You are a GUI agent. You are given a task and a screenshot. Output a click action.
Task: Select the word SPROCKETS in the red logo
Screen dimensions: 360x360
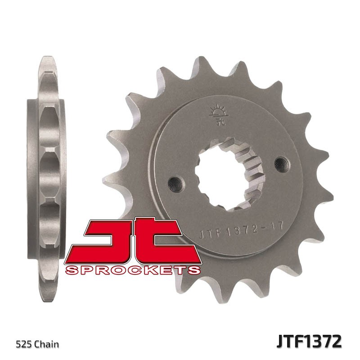[x=132, y=270]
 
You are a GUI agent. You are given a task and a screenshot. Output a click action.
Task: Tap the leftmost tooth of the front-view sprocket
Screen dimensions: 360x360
[x=112, y=135]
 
